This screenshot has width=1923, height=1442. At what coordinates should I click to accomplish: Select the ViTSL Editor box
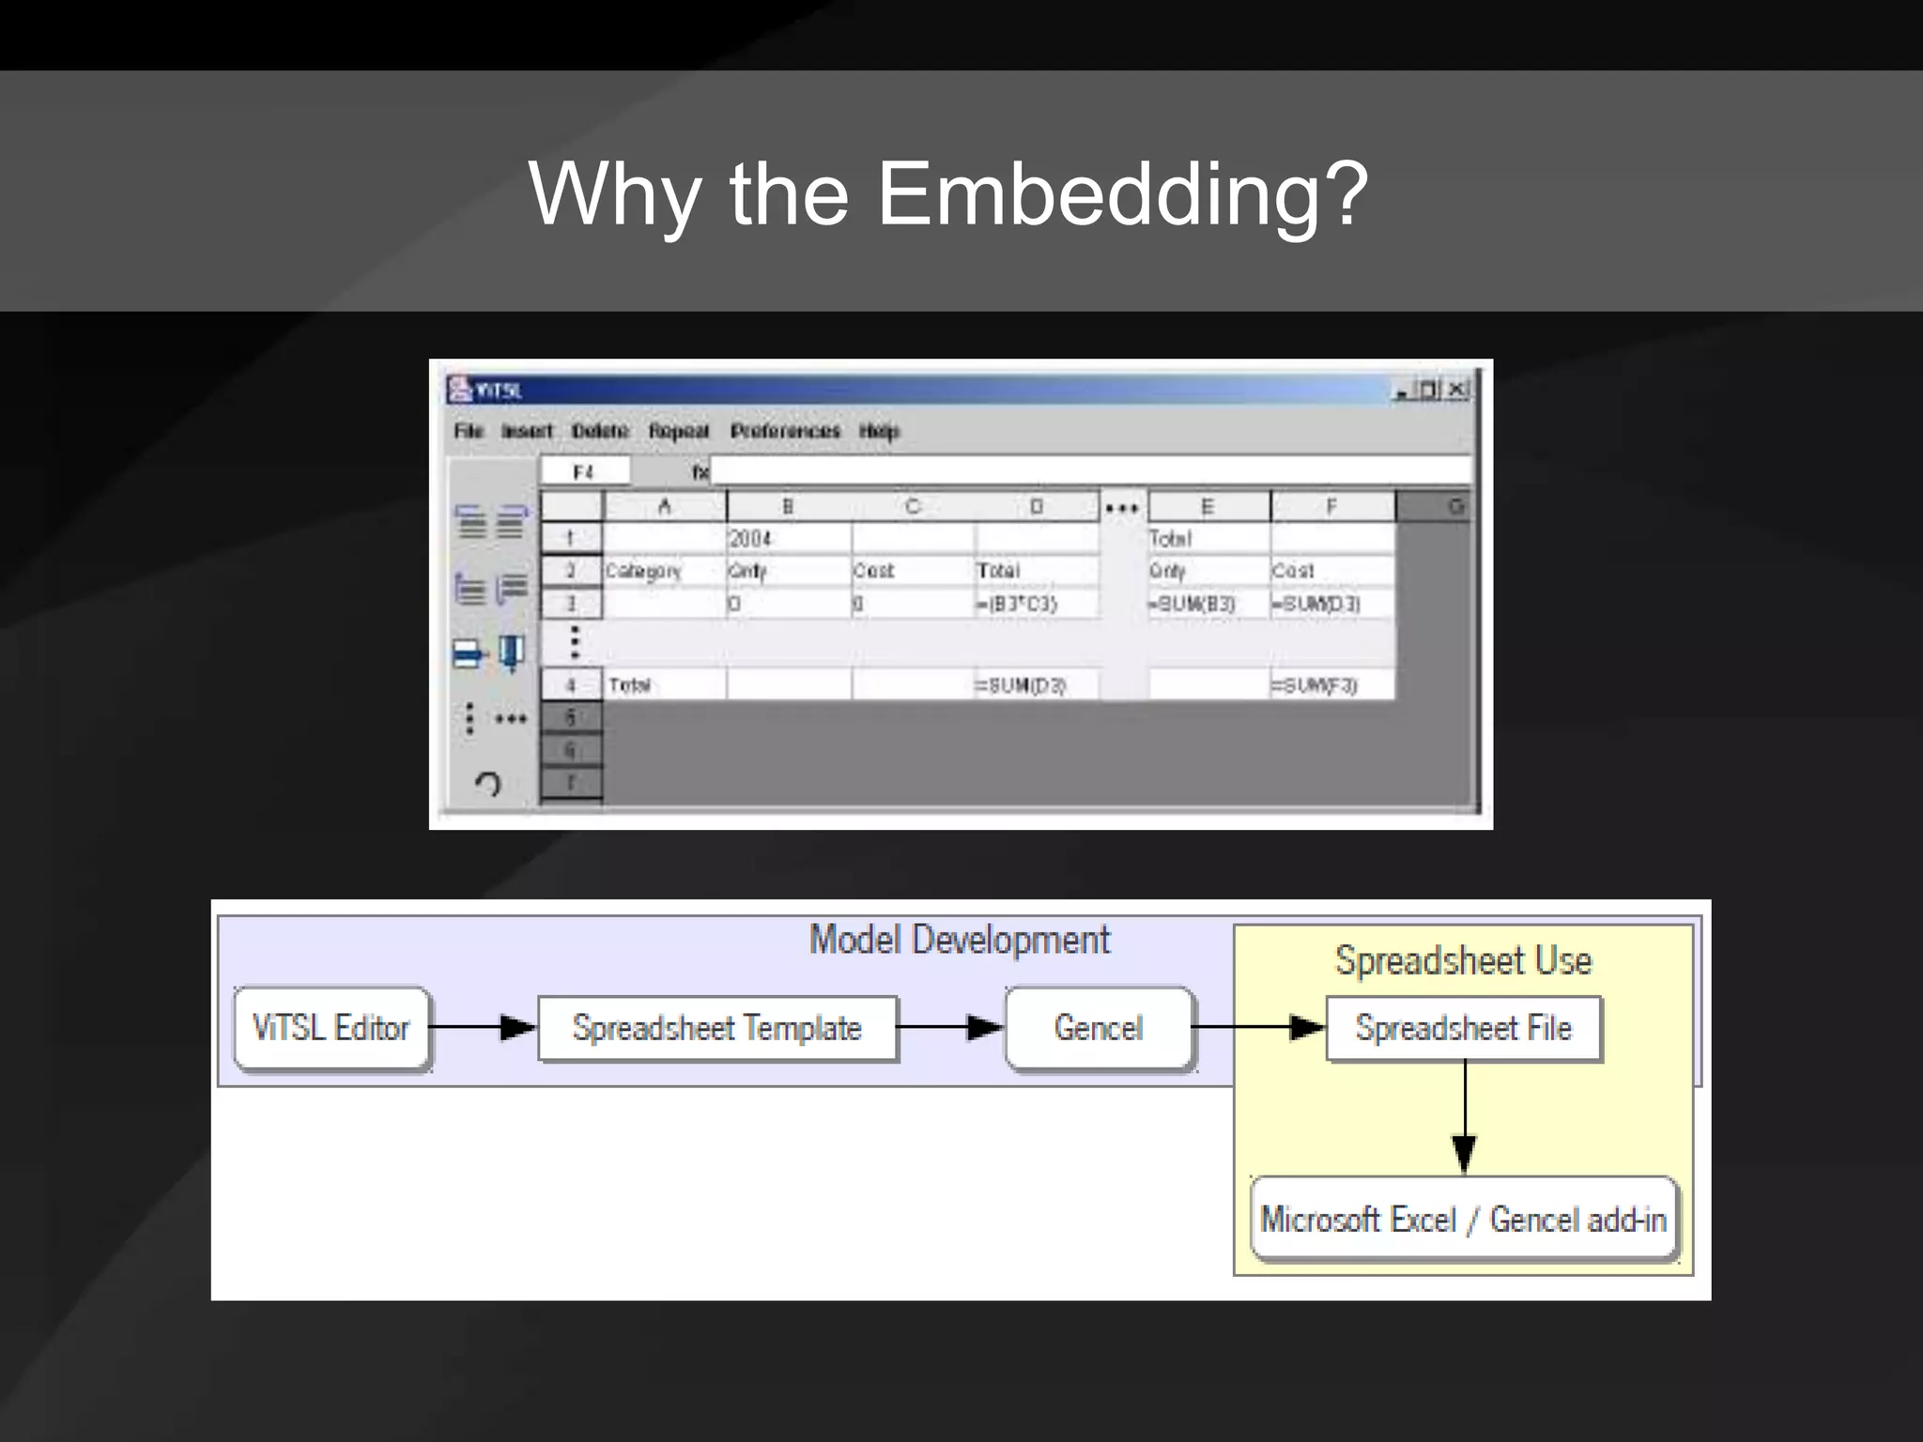pyautogui.click(x=331, y=1028)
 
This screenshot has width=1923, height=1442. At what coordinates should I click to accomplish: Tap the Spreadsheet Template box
pyautogui.click(x=717, y=1029)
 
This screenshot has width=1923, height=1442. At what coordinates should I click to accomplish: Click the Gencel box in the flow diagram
pyautogui.click(x=1099, y=1028)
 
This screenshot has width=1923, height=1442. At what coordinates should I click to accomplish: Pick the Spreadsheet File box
pyautogui.click(x=1463, y=1029)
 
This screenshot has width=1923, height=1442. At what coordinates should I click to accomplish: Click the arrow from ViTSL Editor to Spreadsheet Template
pyautogui.click(x=484, y=1028)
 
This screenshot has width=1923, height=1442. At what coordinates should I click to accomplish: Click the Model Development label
pyautogui.click(x=959, y=940)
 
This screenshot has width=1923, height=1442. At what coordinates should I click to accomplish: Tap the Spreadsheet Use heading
pyautogui.click(x=1463, y=960)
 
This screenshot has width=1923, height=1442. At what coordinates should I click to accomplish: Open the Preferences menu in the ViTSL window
pyautogui.click(x=785, y=431)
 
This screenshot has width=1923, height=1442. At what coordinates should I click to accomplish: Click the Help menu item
pyautogui.click(x=879, y=431)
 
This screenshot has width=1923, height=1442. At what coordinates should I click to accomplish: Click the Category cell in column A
pyautogui.click(x=663, y=571)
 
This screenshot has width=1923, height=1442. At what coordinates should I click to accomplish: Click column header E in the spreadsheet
pyautogui.click(x=1208, y=507)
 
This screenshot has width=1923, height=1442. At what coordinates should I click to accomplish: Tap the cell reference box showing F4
pyautogui.click(x=584, y=471)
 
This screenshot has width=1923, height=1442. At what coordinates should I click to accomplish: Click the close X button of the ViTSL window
pyautogui.click(x=1457, y=389)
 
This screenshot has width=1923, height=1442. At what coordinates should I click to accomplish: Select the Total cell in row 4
pyautogui.click(x=663, y=685)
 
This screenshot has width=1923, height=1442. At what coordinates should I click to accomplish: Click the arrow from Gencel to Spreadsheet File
pyautogui.click(x=1258, y=1028)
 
